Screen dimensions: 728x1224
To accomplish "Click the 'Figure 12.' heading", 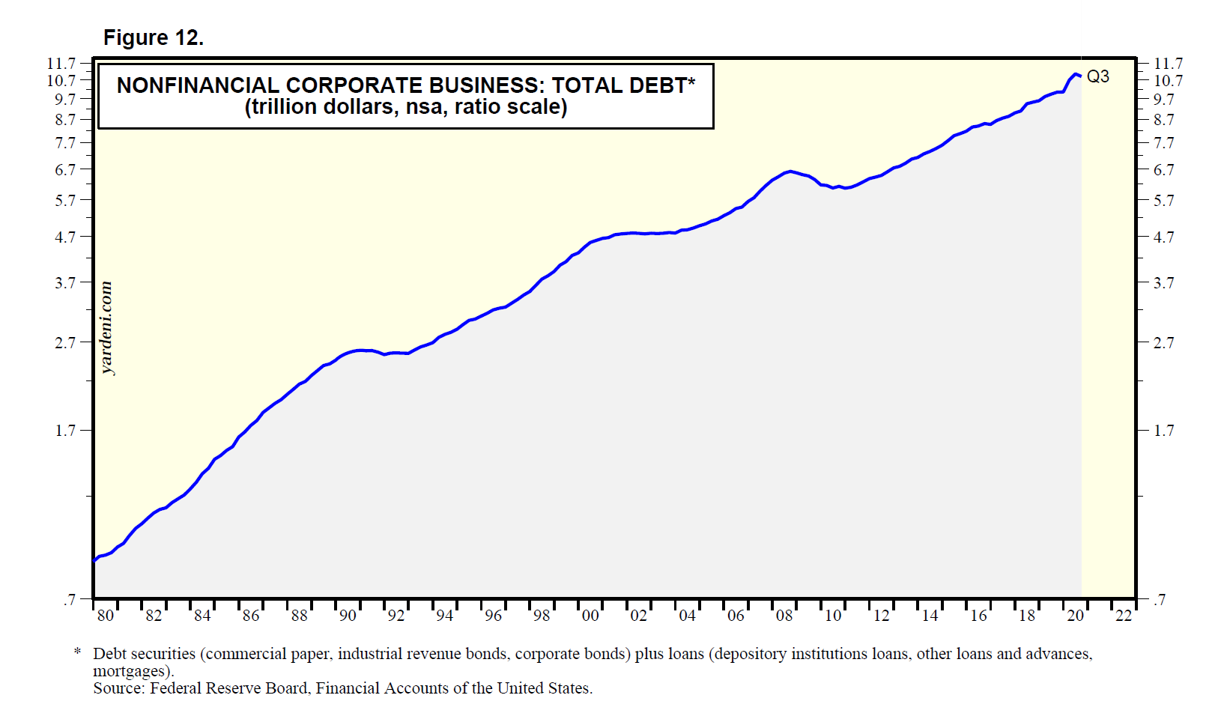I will click(153, 37).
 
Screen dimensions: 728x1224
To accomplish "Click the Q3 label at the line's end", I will click(1097, 76).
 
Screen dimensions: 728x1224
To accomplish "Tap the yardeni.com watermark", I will click(106, 327).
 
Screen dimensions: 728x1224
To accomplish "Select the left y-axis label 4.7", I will click(65, 237).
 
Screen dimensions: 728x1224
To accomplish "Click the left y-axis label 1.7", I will click(65, 430).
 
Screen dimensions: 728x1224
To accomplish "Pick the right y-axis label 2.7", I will click(1163, 342).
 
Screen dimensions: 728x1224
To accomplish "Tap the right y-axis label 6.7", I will click(1163, 169).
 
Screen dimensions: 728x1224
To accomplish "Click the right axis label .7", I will click(1159, 599).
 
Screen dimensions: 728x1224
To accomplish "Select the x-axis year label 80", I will click(106, 616).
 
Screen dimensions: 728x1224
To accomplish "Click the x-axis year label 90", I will click(348, 616).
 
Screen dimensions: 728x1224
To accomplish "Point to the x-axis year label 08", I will click(784, 616).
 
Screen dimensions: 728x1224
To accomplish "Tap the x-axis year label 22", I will click(1123, 616).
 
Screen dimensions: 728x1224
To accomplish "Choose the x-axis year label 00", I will click(590, 616).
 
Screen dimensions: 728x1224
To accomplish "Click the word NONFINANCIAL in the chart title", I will click(197, 85).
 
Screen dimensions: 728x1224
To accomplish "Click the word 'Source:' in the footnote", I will click(118, 688).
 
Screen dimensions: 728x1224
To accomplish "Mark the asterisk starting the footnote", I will click(77, 653).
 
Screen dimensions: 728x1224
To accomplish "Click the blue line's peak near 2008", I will click(790, 172).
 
